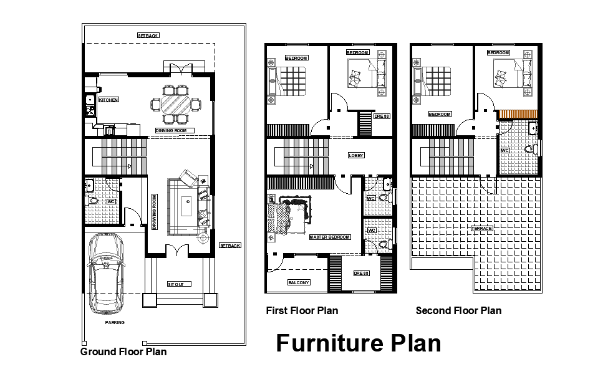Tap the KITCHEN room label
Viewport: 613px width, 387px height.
(109, 100)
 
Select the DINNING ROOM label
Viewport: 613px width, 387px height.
(175, 131)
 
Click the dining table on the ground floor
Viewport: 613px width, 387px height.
(177, 103)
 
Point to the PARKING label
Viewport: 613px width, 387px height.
(115, 322)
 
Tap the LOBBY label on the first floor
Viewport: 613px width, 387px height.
(356, 155)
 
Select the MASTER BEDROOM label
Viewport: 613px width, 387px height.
(330, 237)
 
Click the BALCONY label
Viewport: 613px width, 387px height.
(298, 282)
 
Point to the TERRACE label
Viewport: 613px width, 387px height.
(481, 228)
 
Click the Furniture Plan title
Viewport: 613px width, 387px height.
(359, 343)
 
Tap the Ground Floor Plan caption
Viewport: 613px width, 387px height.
(123, 352)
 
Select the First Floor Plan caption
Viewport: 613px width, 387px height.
(302, 310)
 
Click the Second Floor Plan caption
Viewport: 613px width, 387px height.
(458, 310)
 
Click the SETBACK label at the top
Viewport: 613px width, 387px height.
(148, 36)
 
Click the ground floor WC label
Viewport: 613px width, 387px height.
(111, 202)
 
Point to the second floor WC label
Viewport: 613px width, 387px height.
(505, 150)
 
